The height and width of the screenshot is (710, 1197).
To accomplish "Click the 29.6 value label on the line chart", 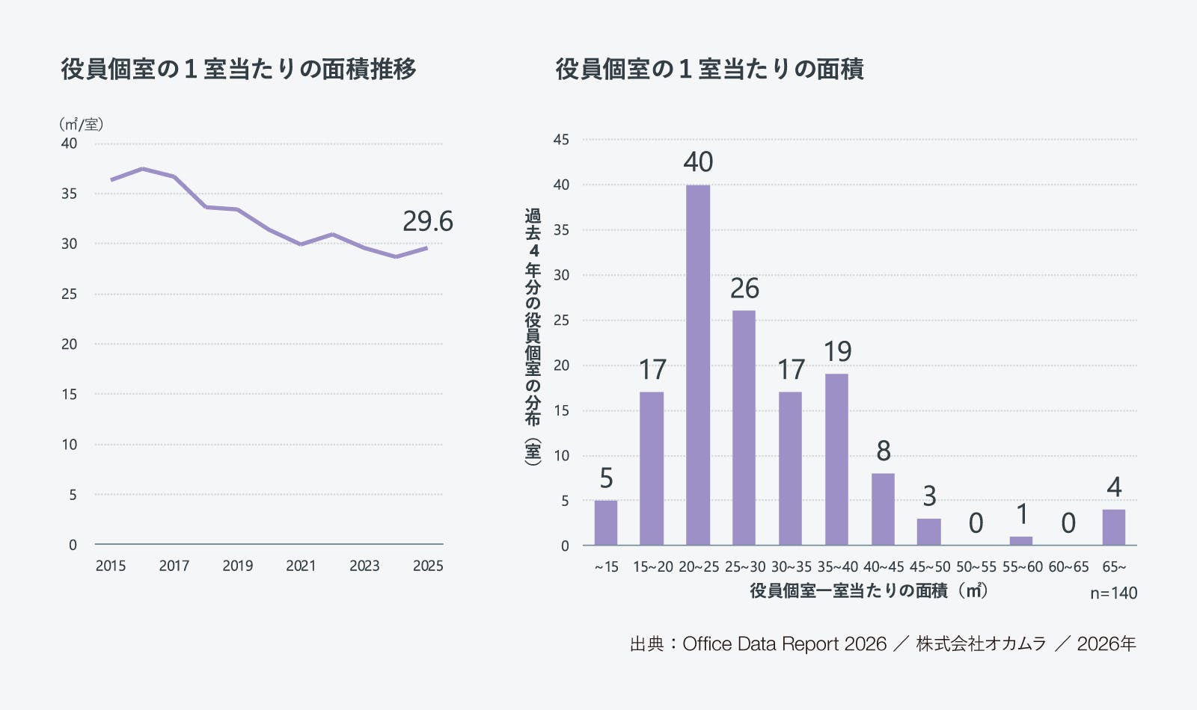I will (x=428, y=221).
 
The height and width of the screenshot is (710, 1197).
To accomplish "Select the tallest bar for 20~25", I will (x=698, y=365).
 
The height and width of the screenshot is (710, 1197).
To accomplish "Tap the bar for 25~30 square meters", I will (x=744, y=427).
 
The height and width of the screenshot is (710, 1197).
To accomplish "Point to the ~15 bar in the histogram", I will (x=606, y=522).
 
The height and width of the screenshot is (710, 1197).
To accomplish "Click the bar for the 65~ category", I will (x=1113, y=527).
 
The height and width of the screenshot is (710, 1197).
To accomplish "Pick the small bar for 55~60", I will (x=1021, y=540).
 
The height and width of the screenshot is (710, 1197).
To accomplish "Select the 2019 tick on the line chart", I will (x=237, y=566).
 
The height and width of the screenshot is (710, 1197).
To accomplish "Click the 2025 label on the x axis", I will (x=428, y=566).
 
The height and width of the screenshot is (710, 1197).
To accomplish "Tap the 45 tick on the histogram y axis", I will (x=561, y=140).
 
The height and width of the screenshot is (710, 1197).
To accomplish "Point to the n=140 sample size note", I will (x=1113, y=593).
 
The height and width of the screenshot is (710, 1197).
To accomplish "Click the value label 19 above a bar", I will (x=837, y=351).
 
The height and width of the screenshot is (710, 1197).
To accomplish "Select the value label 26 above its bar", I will (x=744, y=288).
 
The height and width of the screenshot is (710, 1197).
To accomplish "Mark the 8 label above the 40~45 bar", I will (x=884, y=451).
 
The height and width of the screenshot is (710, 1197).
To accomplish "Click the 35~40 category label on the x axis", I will (x=837, y=567).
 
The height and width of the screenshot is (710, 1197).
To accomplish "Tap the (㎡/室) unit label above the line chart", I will (x=81, y=124).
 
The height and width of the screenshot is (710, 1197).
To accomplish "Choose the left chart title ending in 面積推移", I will (x=239, y=69).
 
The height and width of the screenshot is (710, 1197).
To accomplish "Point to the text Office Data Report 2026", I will (x=784, y=644).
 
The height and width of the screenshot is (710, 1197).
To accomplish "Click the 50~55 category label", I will (x=976, y=567).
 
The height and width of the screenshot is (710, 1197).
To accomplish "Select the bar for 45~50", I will (x=929, y=531).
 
